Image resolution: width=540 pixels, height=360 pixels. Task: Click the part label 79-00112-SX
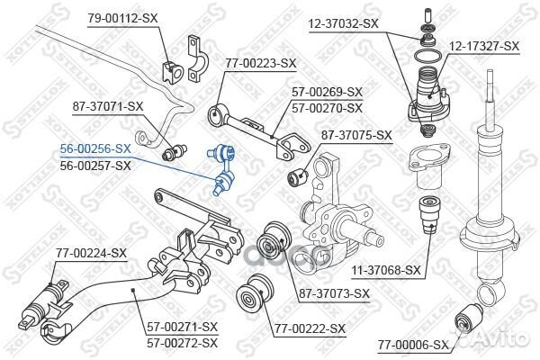pos(122,18)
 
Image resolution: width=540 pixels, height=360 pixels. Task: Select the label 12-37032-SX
pos(344,23)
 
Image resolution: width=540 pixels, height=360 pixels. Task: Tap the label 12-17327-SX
pos(483,46)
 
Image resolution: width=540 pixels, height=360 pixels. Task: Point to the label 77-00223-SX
pos(261,63)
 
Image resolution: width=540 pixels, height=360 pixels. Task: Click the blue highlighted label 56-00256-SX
pos(95,148)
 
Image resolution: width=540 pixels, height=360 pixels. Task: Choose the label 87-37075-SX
pos(356,135)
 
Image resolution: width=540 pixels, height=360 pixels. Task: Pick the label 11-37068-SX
pos(386,270)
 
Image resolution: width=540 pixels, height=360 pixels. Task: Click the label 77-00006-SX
pos(414,345)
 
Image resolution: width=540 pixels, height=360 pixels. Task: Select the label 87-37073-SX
pos(334,293)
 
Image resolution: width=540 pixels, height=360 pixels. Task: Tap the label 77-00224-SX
pos(91,253)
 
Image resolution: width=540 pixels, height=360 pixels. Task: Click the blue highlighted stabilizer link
pos(221,170)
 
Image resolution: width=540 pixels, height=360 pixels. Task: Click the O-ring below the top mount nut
pos(427,56)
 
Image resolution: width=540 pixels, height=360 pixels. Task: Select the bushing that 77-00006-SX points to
pos(469,318)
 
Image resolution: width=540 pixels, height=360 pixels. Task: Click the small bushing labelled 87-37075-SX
pos(298,175)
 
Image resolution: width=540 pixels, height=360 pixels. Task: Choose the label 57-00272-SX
pos(183,342)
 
